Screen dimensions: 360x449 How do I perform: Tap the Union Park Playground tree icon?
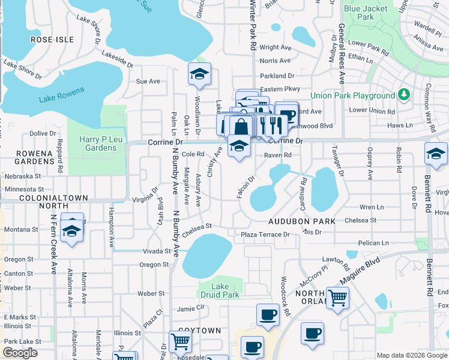pyautogui.click(x=404, y=95)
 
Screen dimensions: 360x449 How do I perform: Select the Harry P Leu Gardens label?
pyautogui.click(x=97, y=143)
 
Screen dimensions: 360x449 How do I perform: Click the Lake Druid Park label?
pyautogui.click(x=220, y=290)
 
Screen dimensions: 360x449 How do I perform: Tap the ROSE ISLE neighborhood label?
pyautogui.click(x=52, y=40)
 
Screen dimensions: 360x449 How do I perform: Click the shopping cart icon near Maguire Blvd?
pyautogui.click(x=338, y=296)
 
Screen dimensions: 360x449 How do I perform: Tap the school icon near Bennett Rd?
pyautogui.click(x=436, y=154)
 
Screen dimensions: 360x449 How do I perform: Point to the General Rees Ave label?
pyautogui.click(x=341, y=53)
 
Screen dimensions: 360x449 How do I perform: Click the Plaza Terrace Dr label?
pyautogui.click(x=265, y=234)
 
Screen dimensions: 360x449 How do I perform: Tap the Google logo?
pyautogui.click(x=20, y=353)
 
